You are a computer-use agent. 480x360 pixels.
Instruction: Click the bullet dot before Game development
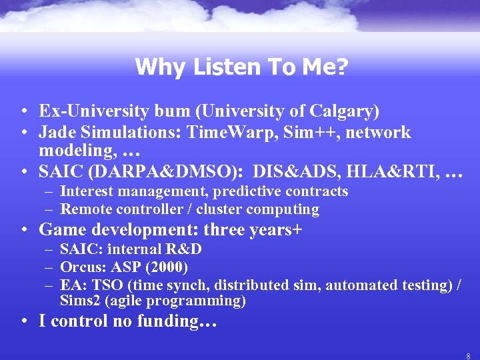coord(23,231)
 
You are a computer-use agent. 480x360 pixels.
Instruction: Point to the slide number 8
coord(468,356)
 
